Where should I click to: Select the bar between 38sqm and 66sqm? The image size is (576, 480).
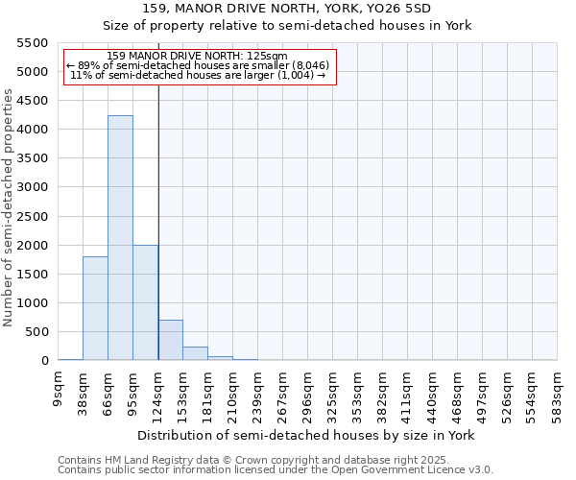pyautogui.click(x=95, y=308)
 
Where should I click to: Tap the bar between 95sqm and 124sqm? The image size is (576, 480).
pyautogui.click(x=145, y=302)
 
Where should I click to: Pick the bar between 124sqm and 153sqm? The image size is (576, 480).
pyautogui.click(x=170, y=340)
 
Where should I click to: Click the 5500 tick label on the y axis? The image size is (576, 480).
pyautogui.click(x=33, y=43)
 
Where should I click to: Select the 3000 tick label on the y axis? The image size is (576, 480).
pyautogui.click(x=33, y=187)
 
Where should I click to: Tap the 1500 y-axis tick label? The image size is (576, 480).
pyautogui.click(x=33, y=275)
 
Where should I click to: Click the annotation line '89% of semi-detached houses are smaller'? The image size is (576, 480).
pyautogui.click(x=199, y=65)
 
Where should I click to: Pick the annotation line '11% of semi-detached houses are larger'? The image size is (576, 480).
pyautogui.click(x=199, y=75)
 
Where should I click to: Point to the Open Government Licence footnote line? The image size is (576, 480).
pyautogui.click(x=276, y=470)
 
